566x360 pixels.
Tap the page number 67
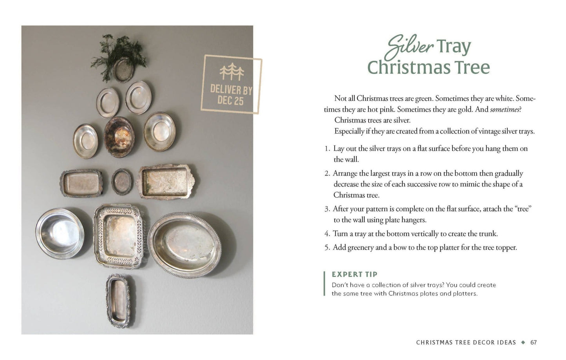click(x=533, y=342)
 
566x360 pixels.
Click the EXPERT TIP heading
click(x=354, y=274)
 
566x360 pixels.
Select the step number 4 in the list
click(x=327, y=234)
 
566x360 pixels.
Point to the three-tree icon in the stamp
click(x=231, y=72)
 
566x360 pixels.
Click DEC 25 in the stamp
click(x=230, y=101)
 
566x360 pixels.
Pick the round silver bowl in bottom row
click(x=60, y=233)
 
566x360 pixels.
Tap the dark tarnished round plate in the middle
click(x=119, y=137)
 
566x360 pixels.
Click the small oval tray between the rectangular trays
click(x=122, y=182)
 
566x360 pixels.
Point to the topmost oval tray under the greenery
click(x=124, y=69)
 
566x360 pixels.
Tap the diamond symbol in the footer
click(x=523, y=342)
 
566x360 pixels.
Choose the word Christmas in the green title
click(x=429, y=67)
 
